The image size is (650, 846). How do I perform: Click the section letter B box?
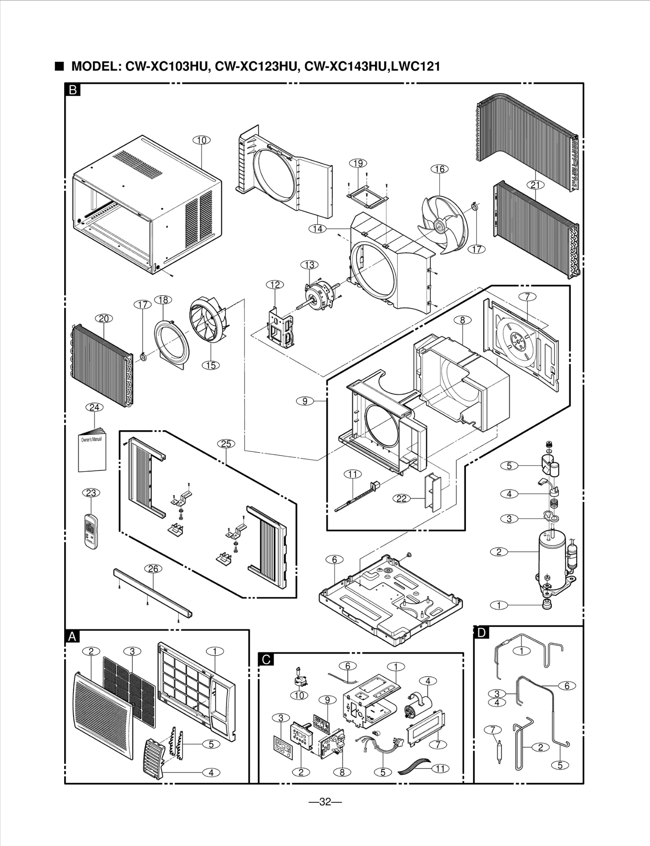coord(73,90)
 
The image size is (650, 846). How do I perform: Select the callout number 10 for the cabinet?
coord(201,140)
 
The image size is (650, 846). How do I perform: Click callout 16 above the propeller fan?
coord(440,169)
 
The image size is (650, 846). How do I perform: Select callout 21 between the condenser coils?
coord(535,185)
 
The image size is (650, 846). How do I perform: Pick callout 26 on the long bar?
coord(153,569)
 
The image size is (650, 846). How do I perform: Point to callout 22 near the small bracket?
coord(401,498)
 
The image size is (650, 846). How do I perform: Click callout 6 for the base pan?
coord(334,559)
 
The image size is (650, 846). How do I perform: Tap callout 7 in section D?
coord(493,730)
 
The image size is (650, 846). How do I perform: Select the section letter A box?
coord(72,637)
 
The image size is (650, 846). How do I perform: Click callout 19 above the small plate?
coord(358,163)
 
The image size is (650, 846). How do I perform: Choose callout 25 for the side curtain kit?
coord(226,444)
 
